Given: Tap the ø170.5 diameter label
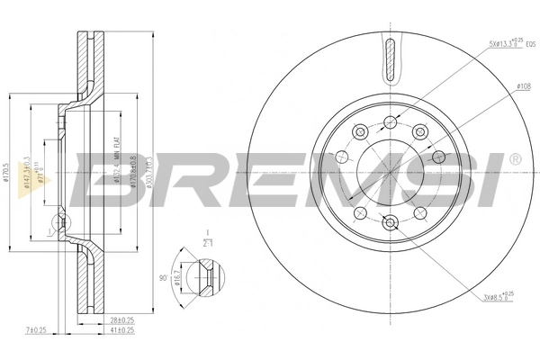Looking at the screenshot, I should pyautogui.click(x=7, y=171).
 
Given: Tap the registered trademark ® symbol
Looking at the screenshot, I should pyautogui.click(x=514, y=159).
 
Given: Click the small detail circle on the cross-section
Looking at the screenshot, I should pyautogui.click(x=59, y=221).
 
